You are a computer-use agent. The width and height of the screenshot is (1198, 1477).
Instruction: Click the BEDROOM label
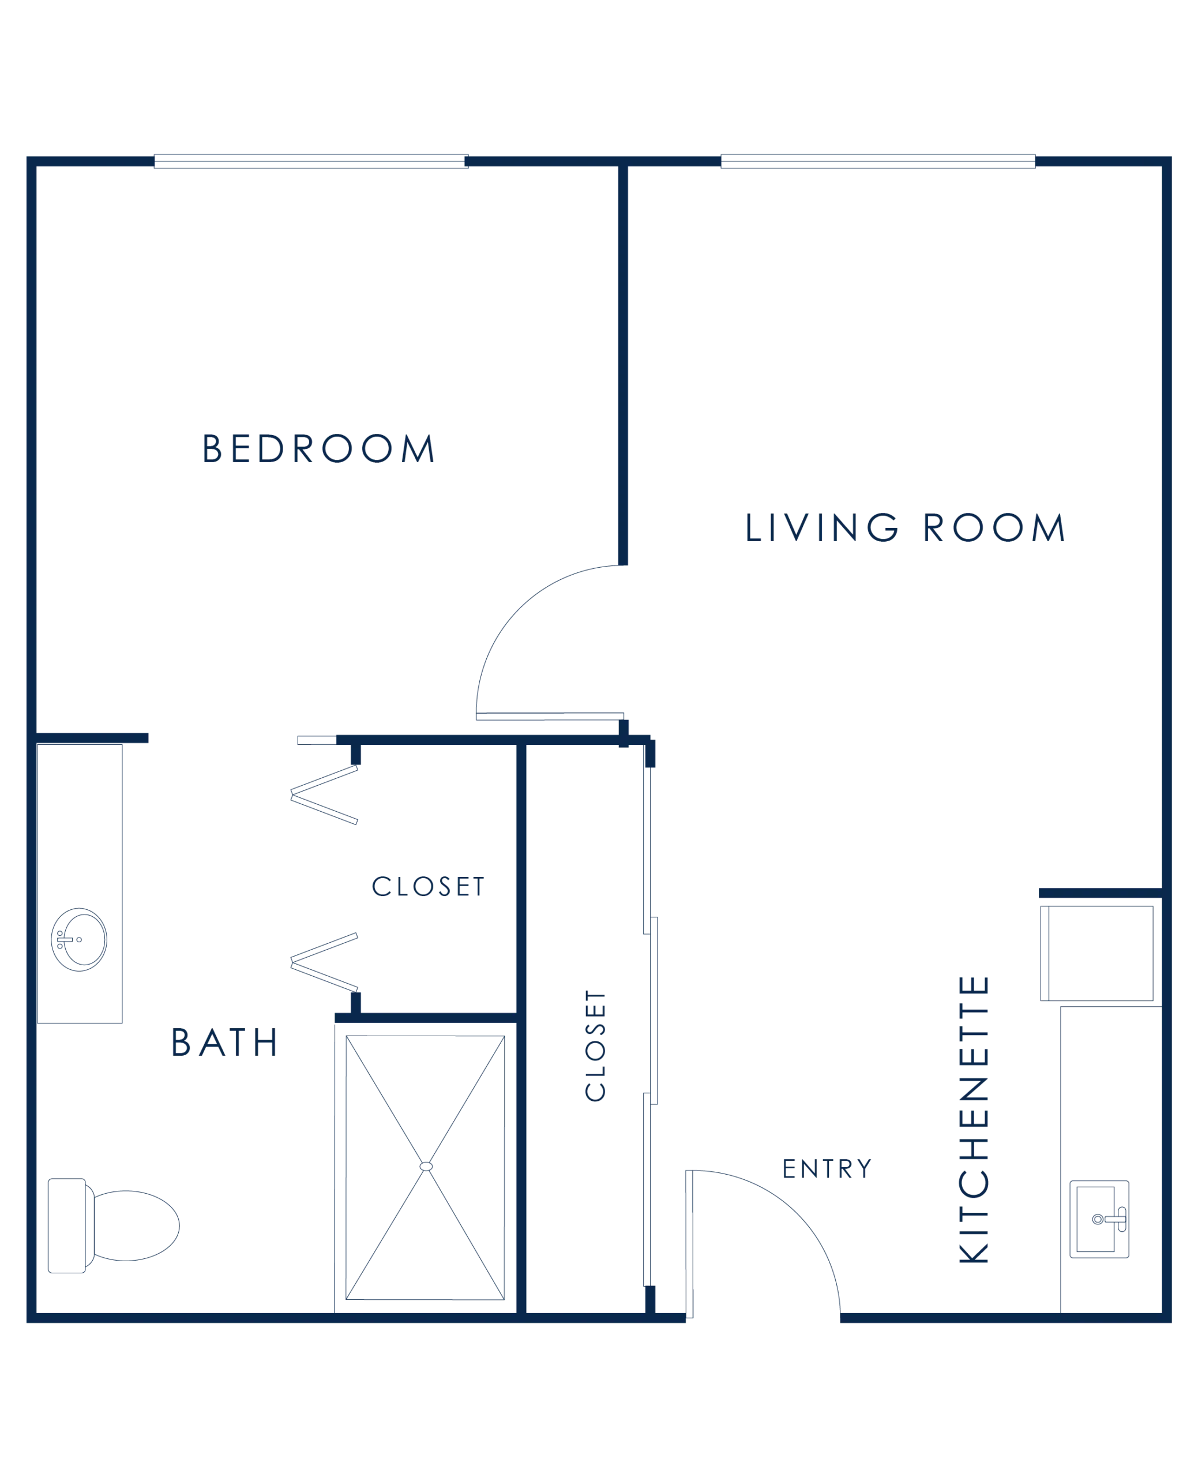tap(318, 448)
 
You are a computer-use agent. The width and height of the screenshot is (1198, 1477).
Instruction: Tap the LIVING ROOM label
tap(906, 527)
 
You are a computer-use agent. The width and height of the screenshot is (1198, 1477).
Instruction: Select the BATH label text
tap(224, 1042)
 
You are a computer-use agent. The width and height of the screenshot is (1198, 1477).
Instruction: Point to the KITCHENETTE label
tap(974, 1119)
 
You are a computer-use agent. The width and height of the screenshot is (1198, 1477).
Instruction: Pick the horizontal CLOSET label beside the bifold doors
tap(429, 886)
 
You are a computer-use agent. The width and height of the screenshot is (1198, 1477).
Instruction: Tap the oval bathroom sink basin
tap(80, 940)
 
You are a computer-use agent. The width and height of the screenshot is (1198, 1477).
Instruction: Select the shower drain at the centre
tap(426, 1167)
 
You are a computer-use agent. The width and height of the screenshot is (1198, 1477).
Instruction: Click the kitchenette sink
tap(1099, 1220)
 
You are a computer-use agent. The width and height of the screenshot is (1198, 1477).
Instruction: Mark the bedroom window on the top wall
tap(311, 162)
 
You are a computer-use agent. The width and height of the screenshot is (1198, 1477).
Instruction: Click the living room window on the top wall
tap(878, 162)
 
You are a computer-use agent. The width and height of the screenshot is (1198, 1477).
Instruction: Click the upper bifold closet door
tap(324, 794)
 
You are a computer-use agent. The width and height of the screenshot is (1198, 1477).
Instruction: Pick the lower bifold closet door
tap(324, 963)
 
